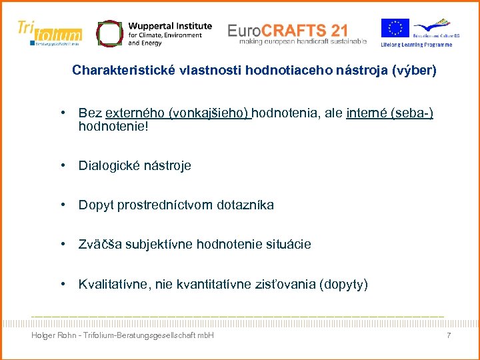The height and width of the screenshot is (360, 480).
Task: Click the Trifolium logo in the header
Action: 50,32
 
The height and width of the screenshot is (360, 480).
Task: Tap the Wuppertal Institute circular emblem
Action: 109,33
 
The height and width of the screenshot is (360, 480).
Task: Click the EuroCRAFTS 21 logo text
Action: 287,30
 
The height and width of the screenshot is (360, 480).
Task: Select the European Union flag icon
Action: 395,29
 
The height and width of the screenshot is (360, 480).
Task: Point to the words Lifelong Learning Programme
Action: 417,45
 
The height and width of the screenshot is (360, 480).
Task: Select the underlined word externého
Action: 136,113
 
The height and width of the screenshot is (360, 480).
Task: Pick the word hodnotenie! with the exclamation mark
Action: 113,125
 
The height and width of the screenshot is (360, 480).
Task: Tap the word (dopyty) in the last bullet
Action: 343,285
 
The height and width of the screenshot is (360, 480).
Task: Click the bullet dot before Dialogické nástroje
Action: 61,165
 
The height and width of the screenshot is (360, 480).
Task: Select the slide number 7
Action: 449,335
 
